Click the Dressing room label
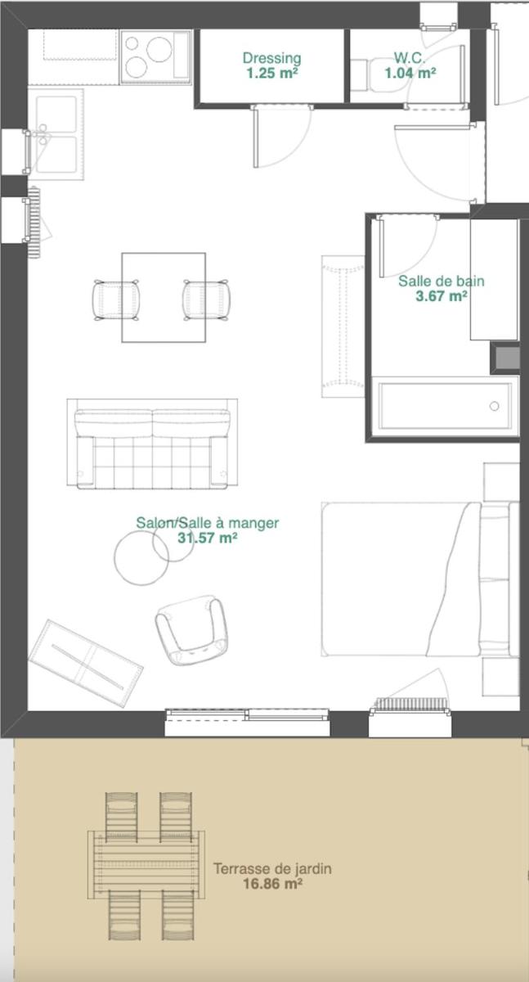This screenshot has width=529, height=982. (272, 58)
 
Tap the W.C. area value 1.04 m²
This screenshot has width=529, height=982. (410, 73)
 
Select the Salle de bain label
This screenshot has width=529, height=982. (442, 281)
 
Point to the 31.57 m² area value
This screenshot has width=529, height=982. (208, 538)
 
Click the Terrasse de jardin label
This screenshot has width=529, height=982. (272, 868)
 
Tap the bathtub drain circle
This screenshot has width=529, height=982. (495, 406)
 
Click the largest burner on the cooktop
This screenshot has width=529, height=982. (159, 48)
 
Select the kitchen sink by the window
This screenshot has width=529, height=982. (56, 133)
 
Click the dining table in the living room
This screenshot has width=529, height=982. (164, 297)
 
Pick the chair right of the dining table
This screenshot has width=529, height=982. (206, 300)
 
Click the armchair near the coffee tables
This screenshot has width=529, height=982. (192, 630)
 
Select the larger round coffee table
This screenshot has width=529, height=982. (141, 557)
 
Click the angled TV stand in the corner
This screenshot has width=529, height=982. (86, 662)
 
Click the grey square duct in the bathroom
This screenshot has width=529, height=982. (506, 358)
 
